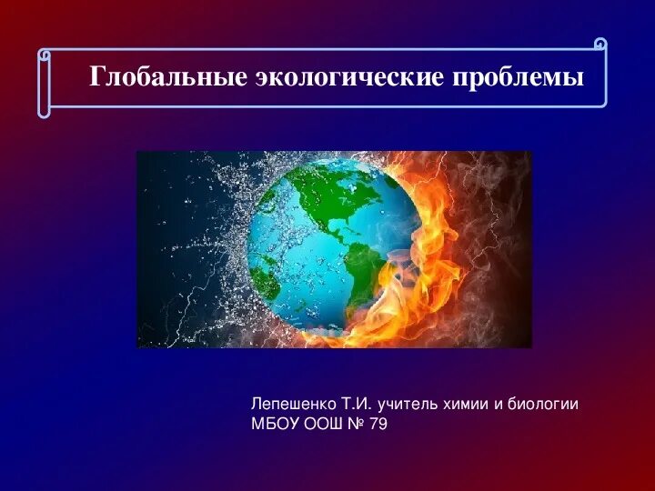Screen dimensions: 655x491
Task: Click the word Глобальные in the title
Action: (x=168, y=76)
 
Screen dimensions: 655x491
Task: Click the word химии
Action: (x=466, y=405)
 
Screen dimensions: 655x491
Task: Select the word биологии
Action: (x=543, y=405)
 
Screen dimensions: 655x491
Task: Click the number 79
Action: (x=378, y=424)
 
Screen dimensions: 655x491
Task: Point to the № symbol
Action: (x=357, y=424)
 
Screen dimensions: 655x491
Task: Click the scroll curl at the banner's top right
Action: (x=600, y=45)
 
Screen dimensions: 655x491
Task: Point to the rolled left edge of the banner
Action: (x=44, y=83)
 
